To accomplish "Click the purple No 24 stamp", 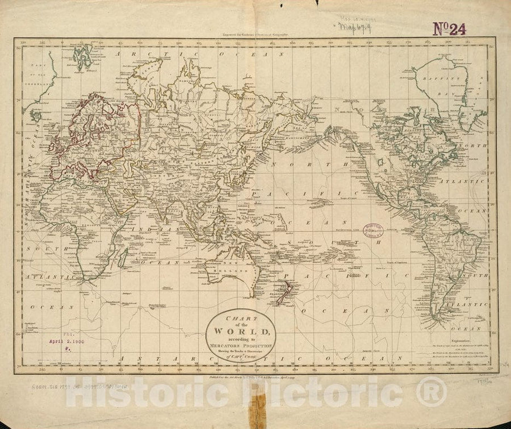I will pyautogui.click(x=449, y=28).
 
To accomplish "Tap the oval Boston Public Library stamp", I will pyautogui.click(x=372, y=230).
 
